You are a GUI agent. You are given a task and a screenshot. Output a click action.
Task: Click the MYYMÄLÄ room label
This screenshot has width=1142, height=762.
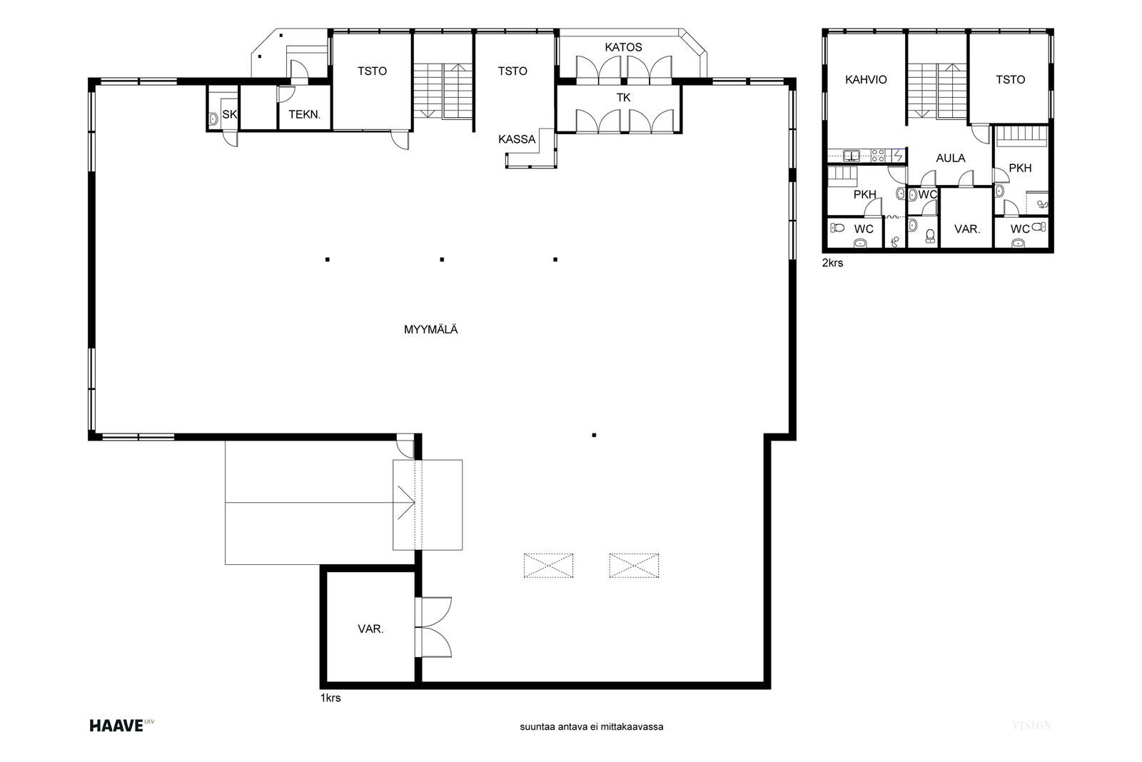(431, 329)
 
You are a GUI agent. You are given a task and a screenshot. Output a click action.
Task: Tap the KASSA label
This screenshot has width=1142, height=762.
(517, 139)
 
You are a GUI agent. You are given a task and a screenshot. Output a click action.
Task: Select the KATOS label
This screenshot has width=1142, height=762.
(623, 47)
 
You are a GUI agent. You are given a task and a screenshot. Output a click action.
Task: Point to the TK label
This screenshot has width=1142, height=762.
(624, 97)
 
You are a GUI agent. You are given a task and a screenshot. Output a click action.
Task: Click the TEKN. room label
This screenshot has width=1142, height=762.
(304, 114)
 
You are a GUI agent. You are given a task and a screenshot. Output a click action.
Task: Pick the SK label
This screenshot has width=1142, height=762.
(229, 114)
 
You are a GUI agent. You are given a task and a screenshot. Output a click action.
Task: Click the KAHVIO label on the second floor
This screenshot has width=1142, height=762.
(866, 79)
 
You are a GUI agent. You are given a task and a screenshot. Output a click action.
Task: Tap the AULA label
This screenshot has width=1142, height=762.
(950, 158)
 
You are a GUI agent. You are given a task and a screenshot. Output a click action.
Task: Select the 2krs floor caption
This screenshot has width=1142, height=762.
(832, 264)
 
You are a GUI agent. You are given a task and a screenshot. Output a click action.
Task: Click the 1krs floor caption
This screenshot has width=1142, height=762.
(330, 698)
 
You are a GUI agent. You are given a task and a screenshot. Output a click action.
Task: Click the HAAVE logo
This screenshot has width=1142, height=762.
(121, 726)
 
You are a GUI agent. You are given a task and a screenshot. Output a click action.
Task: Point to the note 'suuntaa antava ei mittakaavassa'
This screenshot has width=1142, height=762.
(592, 727)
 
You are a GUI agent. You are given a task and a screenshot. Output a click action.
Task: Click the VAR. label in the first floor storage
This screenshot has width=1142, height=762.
(370, 629)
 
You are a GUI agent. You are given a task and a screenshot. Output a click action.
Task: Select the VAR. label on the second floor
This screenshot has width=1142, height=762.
(966, 229)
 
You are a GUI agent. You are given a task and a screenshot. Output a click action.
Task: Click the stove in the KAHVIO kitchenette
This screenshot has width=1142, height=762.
(878, 155)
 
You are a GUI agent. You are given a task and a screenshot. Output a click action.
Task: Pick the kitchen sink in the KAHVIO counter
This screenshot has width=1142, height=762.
(852, 155)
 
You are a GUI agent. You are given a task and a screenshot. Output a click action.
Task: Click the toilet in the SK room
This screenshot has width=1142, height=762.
(213, 119)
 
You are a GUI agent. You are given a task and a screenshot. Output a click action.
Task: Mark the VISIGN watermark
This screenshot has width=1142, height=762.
(1032, 726)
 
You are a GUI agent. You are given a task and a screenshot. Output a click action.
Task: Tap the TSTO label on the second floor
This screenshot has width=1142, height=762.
(1010, 79)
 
